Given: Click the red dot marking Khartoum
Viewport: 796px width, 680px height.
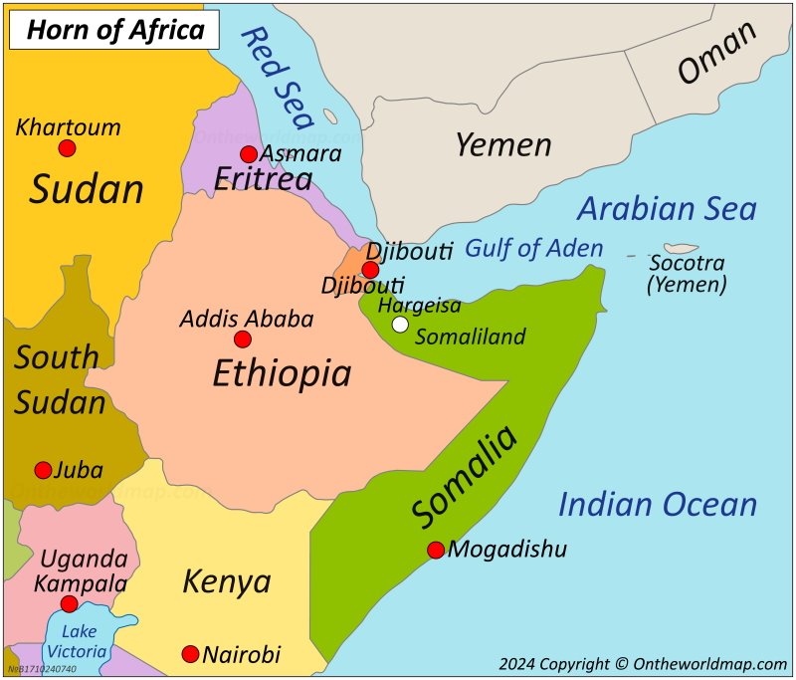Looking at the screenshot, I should tap(67, 148).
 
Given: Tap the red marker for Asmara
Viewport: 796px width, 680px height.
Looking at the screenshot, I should tap(249, 154).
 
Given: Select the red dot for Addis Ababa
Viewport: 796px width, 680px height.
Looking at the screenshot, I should tap(243, 340).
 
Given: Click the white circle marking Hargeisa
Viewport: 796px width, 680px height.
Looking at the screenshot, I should tap(400, 324).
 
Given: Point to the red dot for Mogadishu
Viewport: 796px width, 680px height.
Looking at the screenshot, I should tap(436, 550).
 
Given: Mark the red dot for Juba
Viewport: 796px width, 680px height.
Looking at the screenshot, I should tap(43, 470).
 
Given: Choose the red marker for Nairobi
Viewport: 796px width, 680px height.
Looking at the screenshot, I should tap(190, 654).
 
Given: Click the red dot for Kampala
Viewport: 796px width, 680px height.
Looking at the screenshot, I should tap(69, 604).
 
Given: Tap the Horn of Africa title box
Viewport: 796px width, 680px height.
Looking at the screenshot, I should tap(113, 30).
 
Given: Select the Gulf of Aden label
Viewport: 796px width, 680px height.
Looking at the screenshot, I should tap(533, 248).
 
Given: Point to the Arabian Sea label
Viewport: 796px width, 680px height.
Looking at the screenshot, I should tap(667, 209).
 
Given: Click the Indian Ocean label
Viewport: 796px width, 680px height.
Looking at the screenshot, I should tap(657, 505).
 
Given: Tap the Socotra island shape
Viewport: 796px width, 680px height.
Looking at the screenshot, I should tap(681, 248).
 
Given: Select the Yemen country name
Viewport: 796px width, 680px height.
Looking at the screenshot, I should tap(502, 145).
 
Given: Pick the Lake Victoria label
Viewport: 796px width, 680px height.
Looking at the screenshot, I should tap(80, 640).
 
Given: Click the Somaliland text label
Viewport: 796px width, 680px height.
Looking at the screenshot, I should tap(470, 337).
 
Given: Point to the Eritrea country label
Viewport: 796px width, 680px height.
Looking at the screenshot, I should tap(264, 179).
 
